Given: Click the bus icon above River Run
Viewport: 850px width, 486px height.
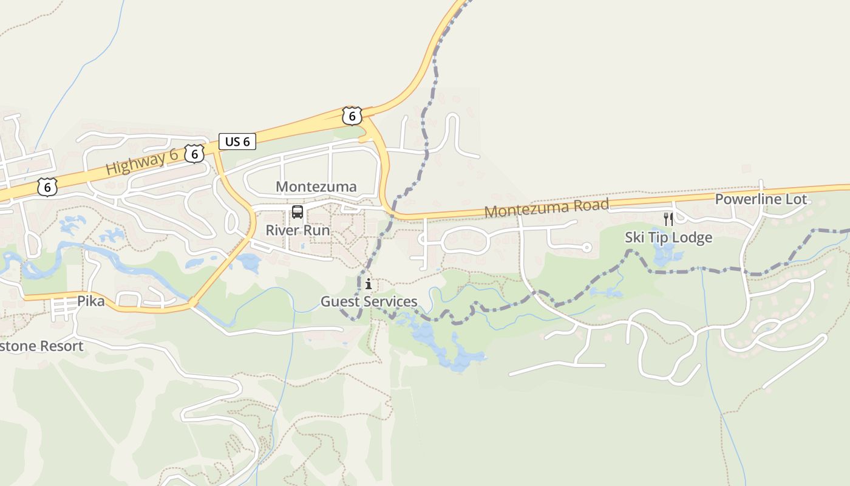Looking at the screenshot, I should [297, 212].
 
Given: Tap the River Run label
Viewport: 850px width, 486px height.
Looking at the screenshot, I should [297, 231].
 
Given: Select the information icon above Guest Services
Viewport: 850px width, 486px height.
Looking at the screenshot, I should [369, 284].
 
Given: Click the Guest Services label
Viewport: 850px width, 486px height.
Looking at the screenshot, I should [369, 301].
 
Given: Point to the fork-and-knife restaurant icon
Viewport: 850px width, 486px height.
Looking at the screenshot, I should [668, 219].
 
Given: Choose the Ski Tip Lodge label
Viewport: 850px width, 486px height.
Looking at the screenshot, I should [668, 238].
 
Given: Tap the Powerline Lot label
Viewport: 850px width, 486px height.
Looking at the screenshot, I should [761, 199].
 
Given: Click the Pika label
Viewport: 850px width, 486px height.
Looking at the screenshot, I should [90, 301].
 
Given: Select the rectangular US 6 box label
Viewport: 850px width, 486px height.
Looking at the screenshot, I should [237, 142].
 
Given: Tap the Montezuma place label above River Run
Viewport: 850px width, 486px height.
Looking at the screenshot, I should [316, 187].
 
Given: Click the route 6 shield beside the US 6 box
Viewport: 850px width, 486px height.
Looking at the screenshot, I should [194, 154].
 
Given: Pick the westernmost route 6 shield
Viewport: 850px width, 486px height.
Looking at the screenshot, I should [47, 187].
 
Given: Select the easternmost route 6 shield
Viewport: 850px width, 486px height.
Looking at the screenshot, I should [352, 115].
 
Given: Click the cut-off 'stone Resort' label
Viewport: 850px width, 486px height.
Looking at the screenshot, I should [41, 346].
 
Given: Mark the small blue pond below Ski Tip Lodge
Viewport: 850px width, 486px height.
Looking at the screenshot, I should [666, 255].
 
